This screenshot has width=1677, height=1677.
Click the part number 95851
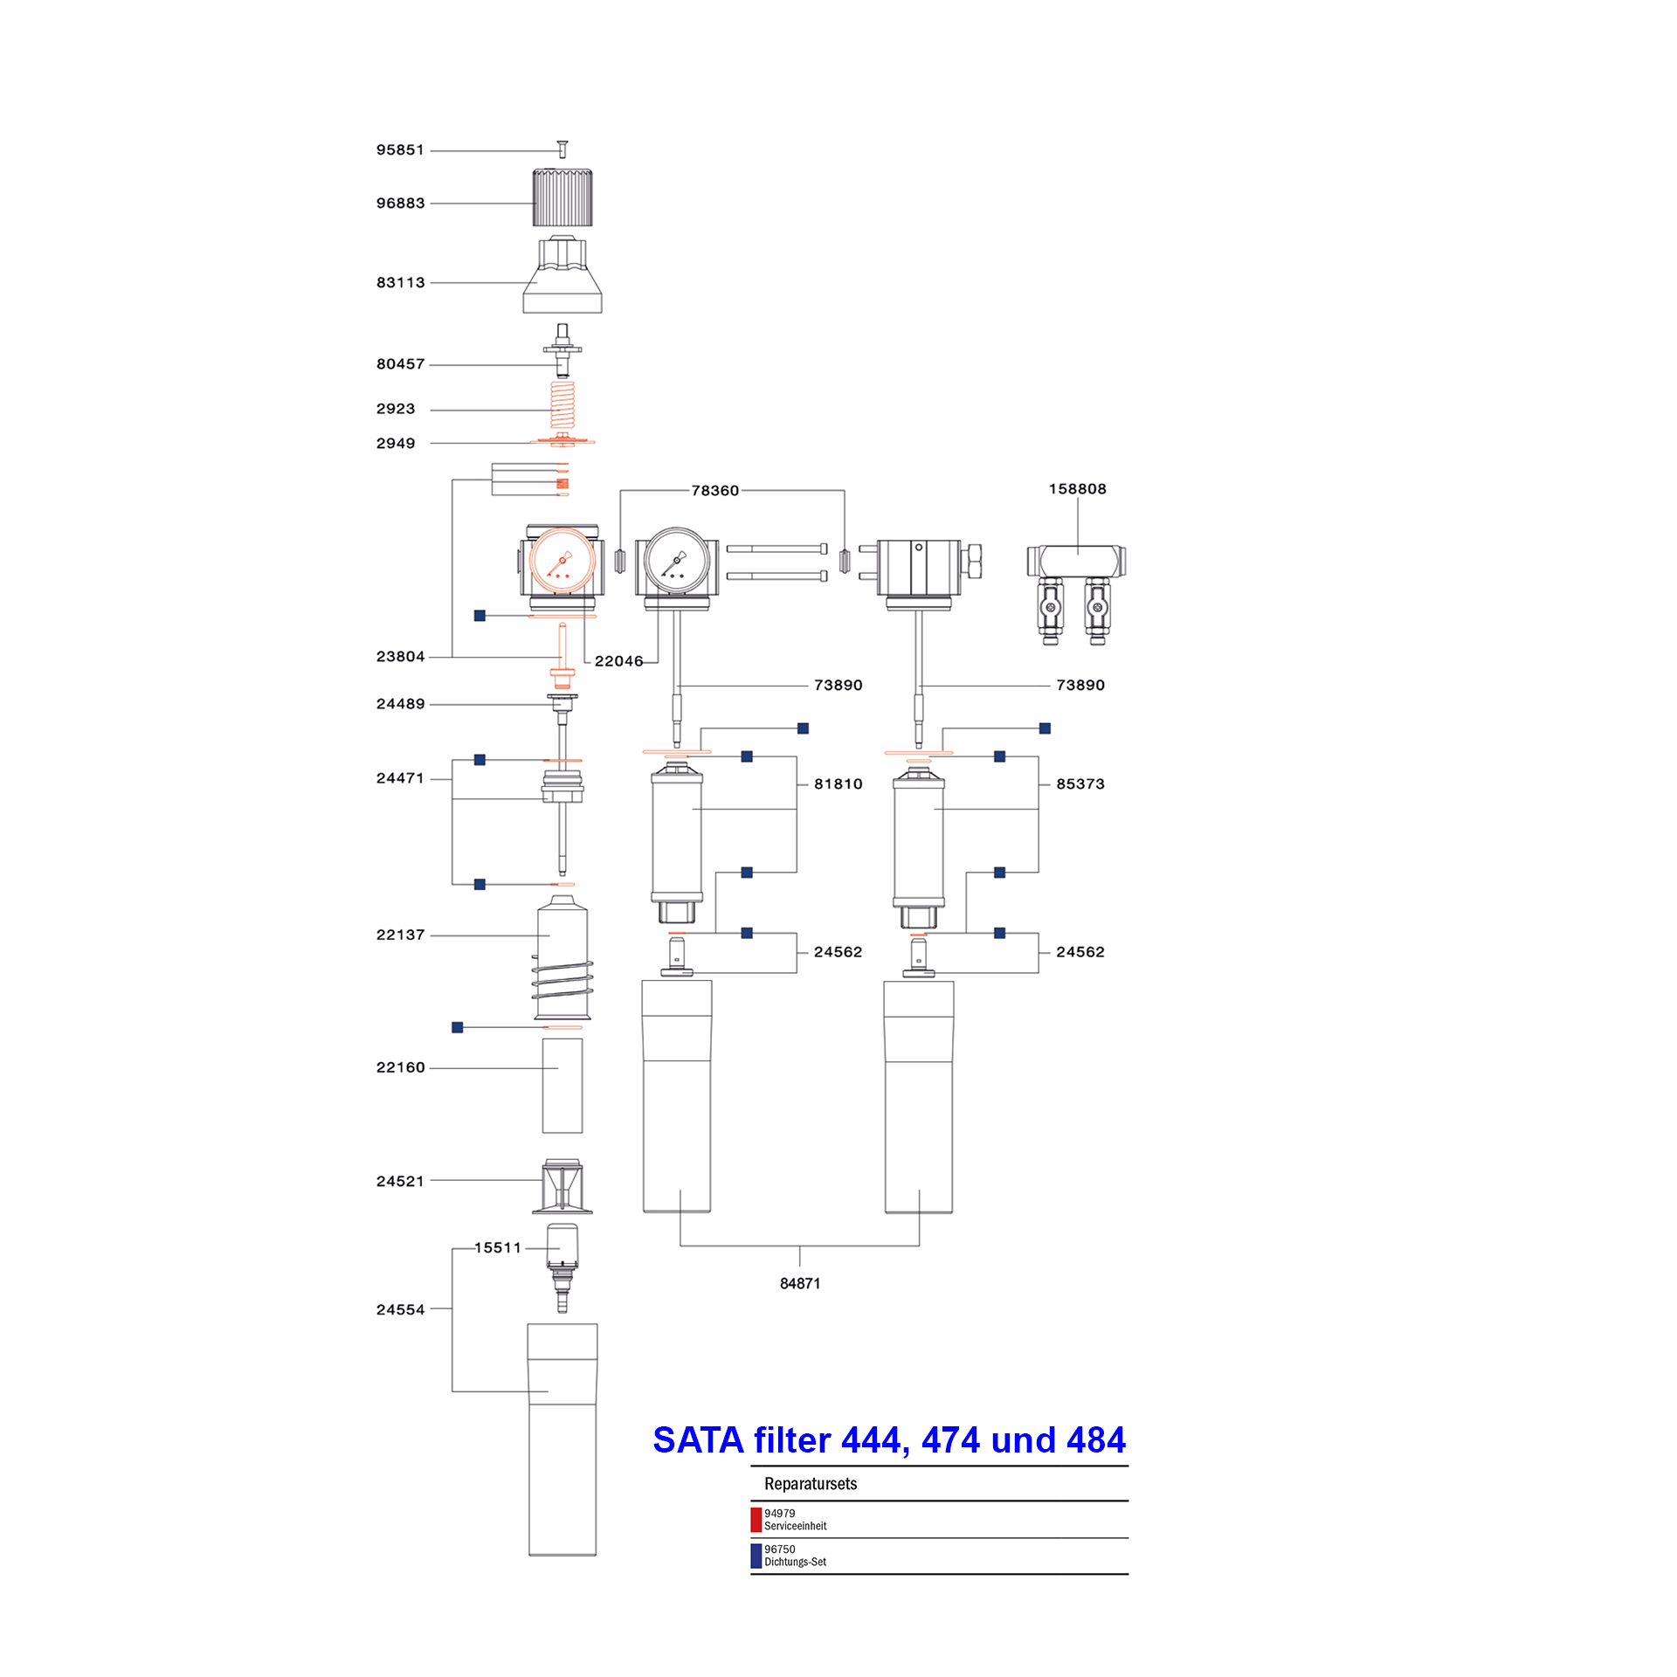click(400, 150)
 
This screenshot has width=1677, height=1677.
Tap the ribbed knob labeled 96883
click(562, 197)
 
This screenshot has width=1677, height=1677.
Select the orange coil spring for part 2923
click(562, 404)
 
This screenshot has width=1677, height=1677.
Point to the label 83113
click(400, 283)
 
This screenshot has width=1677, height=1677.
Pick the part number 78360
click(715, 491)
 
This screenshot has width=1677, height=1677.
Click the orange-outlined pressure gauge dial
click(562, 562)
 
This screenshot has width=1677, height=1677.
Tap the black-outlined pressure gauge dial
click(676, 562)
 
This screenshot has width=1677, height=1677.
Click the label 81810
click(838, 784)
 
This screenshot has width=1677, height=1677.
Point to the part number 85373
click(1080, 784)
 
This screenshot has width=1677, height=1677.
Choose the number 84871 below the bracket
click(800, 1283)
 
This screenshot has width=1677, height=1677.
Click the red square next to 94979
click(756, 1520)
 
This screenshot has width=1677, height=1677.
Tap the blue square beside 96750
click(756, 1556)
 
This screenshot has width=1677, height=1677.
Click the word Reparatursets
click(811, 1484)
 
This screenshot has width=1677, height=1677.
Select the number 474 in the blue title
click(950, 1440)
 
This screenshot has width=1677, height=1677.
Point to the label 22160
click(400, 1068)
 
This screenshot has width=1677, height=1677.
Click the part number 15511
click(498, 1248)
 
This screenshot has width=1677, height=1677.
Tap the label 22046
click(619, 661)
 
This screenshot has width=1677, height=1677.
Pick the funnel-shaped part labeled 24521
click(562, 1186)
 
